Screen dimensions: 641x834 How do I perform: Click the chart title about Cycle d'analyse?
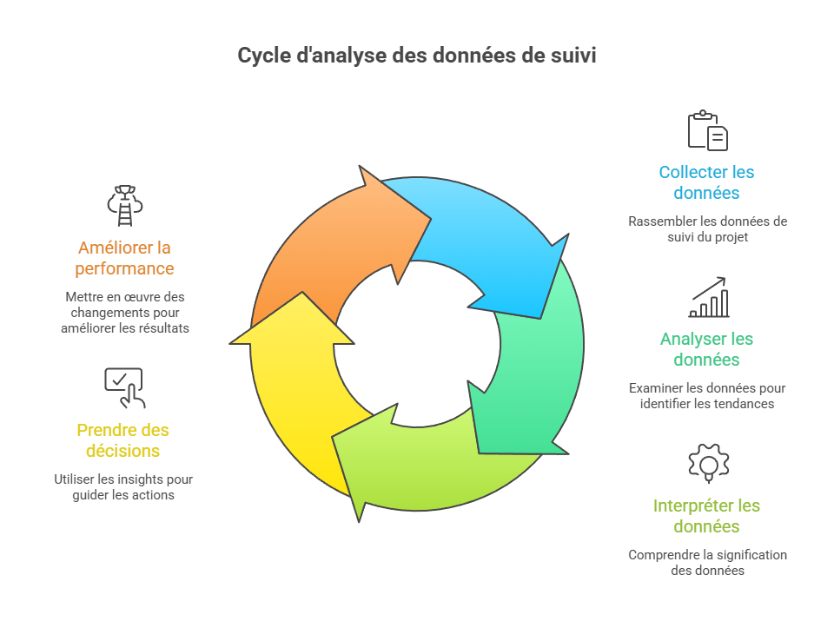click(x=417, y=56)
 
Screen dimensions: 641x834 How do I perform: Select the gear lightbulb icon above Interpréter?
click(x=707, y=463)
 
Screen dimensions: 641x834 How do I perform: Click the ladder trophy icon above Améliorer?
click(x=123, y=206)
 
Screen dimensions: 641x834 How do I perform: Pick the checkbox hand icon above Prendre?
click(x=123, y=387)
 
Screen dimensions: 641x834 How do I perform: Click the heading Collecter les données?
click(x=706, y=182)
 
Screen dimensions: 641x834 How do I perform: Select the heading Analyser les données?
click(x=706, y=349)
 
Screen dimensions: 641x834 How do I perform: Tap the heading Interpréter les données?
click(x=706, y=516)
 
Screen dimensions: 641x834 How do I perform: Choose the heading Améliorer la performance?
click(x=123, y=258)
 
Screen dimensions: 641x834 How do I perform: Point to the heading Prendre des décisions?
click(x=123, y=440)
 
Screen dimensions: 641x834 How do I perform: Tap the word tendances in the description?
click(x=745, y=404)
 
